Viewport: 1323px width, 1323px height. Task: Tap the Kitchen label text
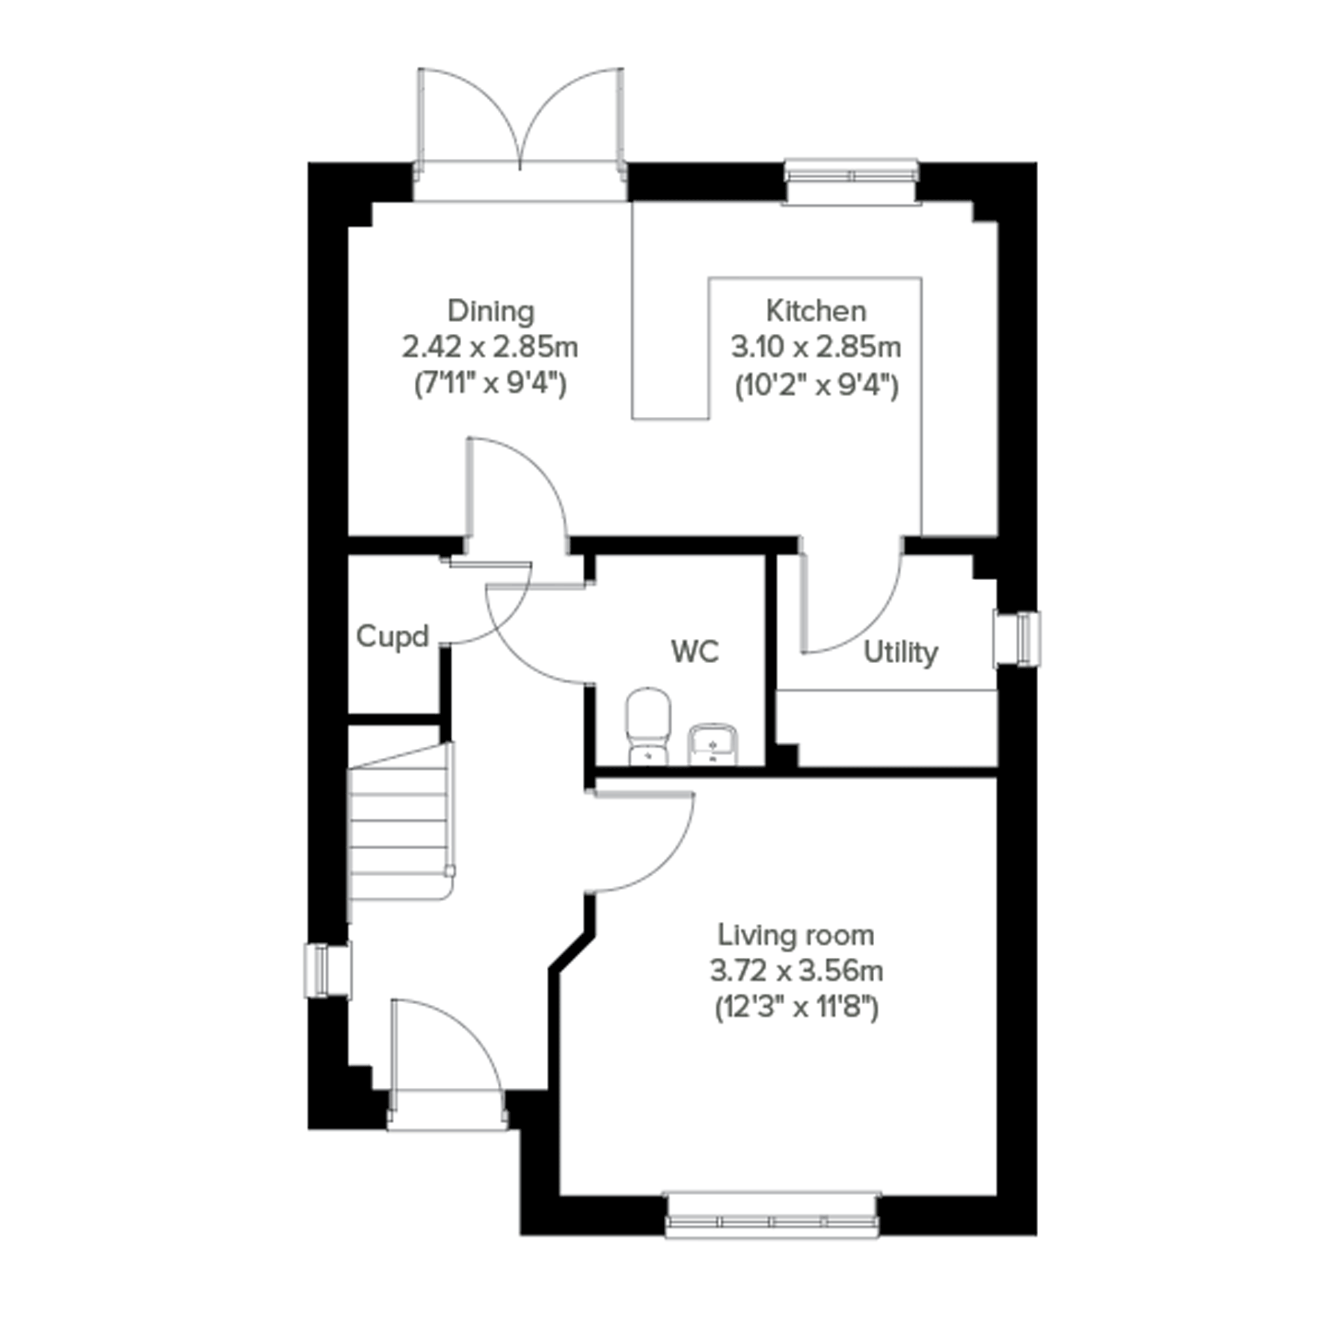(x=815, y=312)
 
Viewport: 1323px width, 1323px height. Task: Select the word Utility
(x=900, y=653)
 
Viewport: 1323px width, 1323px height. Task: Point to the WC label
(x=695, y=651)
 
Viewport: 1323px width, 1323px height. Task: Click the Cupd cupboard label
(x=393, y=637)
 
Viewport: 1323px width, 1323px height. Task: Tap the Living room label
(x=796, y=935)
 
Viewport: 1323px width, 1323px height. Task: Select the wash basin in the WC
(x=712, y=743)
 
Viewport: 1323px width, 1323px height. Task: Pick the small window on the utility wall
(x=1017, y=638)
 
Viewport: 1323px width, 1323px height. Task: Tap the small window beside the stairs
(x=329, y=970)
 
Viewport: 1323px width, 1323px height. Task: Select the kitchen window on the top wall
(x=851, y=181)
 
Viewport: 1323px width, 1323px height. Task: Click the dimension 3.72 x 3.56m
(x=796, y=971)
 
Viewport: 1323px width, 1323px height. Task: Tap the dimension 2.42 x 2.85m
(x=490, y=348)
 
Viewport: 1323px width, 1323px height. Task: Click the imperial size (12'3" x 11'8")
(x=796, y=1009)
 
